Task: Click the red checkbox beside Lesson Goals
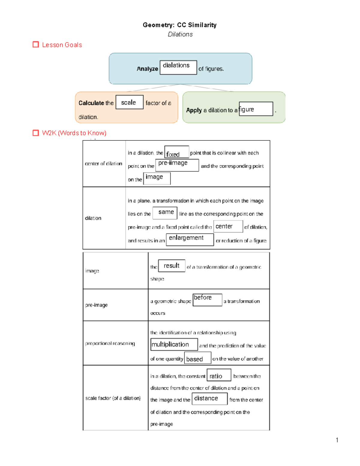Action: coord(36,45)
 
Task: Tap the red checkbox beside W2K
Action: coord(36,133)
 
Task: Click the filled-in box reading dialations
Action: coord(178,67)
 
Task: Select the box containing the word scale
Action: coord(129,102)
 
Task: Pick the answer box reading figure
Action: coord(256,109)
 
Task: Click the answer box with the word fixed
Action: coord(177,152)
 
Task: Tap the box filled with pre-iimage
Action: coord(177,165)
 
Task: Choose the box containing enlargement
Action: coord(190,239)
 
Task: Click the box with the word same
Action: coord(165,213)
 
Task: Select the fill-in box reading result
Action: coord(172,266)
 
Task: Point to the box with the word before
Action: coord(207,300)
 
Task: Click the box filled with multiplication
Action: coord(174,344)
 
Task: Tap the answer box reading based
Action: coord(197,358)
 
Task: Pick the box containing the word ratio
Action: coord(219,375)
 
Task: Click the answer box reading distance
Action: coord(209,398)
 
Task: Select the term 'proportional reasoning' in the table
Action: coord(110,343)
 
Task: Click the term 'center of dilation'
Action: coord(103,164)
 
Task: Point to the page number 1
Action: coord(337,440)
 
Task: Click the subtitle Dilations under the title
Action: coord(180,34)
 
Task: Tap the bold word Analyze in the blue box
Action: coord(147,69)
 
